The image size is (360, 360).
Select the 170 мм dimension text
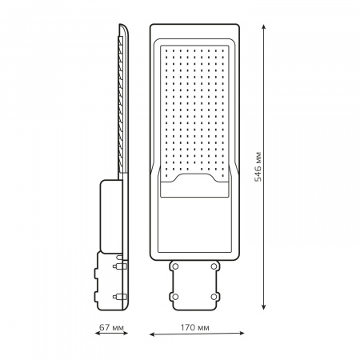(x=194, y=328)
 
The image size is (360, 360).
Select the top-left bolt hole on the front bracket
(x=174, y=264)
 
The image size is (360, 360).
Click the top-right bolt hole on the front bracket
(x=216, y=264)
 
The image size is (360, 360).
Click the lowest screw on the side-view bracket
(x=120, y=294)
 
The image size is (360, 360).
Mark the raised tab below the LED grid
(x=194, y=189)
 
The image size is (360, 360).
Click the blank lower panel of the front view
(x=194, y=228)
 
